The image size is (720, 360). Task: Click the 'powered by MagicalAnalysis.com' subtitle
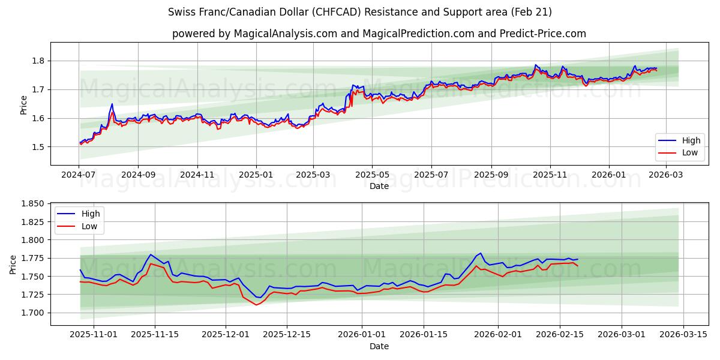pos(379,34)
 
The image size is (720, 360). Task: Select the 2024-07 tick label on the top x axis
pos(79,175)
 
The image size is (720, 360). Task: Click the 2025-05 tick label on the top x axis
pos(372,175)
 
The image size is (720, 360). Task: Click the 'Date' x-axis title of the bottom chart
pos(379,346)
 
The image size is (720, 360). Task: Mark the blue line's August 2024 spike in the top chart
pos(112,104)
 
